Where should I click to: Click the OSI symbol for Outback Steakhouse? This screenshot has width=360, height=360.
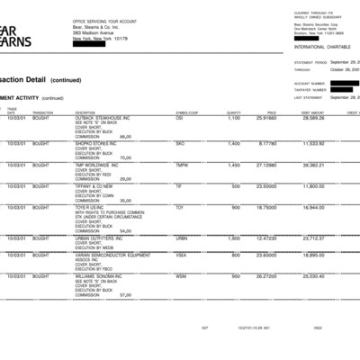tap(179, 118)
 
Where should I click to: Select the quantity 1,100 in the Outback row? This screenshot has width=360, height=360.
tap(234, 118)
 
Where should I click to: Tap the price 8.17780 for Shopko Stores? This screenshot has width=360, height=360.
tap(267, 143)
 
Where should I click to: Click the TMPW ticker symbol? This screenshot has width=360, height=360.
tap(182, 165)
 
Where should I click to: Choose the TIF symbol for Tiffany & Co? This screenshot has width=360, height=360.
tap(179, 186)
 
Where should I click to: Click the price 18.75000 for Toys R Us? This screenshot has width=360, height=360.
tap(265, 207)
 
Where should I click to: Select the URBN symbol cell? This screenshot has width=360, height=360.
tap(181, 238)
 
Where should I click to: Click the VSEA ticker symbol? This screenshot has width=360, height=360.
tap(181, 255)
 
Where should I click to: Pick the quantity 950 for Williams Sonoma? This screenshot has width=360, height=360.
tap(235, 275)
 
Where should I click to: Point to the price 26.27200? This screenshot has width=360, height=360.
tap(265, 275)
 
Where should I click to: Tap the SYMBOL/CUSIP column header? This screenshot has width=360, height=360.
tap(187, 112)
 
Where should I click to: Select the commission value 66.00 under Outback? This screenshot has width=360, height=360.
tap(125, 136)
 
